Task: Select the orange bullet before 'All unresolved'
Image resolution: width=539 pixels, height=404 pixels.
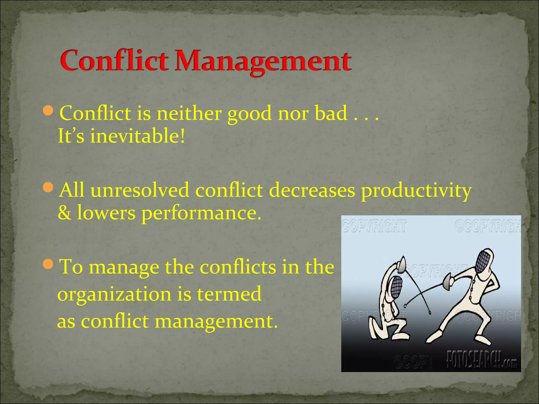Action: point(48,187)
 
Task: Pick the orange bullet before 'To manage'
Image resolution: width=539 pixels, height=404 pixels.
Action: point(48,264)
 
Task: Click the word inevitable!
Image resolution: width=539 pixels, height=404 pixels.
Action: point(137,136)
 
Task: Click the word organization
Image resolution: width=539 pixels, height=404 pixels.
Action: point(114,295)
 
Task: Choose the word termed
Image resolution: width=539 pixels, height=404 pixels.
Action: point(229,294)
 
